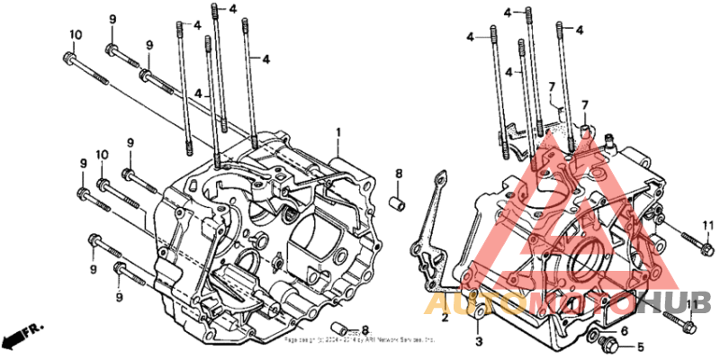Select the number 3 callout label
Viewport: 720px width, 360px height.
[x=479, y=341]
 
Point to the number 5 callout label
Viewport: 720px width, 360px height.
[x=641, y=346]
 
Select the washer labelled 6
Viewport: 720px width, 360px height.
[x=595, y=336]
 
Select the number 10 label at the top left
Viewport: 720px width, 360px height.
[x=76, y=34]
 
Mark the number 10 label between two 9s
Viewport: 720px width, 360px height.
[x=103, y=155]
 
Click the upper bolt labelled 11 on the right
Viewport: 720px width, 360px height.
[x=684, y=241]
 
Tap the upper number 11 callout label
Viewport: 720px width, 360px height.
[x=707, y=224]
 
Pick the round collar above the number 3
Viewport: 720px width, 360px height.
[x=480, y=314]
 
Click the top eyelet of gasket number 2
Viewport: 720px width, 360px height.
[x=440, y=178]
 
